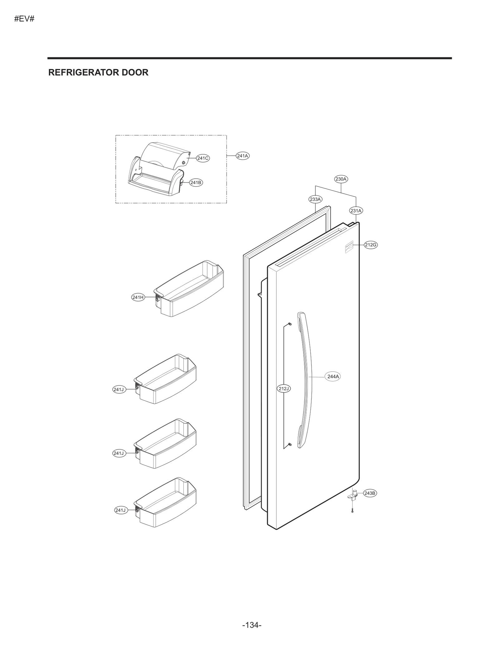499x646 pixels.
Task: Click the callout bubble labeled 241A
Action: click(242, 156)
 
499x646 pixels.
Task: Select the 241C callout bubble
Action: click(203, 158)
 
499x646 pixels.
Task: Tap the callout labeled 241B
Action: click(196, 182)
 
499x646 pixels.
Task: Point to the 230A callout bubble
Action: click(341, 179)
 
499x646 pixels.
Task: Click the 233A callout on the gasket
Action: click(315, 199)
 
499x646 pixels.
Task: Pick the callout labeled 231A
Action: click(356, 211)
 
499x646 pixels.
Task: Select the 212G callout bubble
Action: click(371, 245)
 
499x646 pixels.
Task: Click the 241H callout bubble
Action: click(138, 297)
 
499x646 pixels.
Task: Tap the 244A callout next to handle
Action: click(333, 376)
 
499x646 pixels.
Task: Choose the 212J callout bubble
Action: click(284, 389)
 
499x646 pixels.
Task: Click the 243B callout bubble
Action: click(370, 493)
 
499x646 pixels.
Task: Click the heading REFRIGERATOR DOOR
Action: click(98, 72)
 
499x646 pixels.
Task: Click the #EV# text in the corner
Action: click(24, 19)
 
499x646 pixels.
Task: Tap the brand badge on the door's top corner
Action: click(349, 247)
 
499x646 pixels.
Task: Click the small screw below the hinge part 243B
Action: click(352, 511)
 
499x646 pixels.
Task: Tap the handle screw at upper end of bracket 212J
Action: click(290, 324)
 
